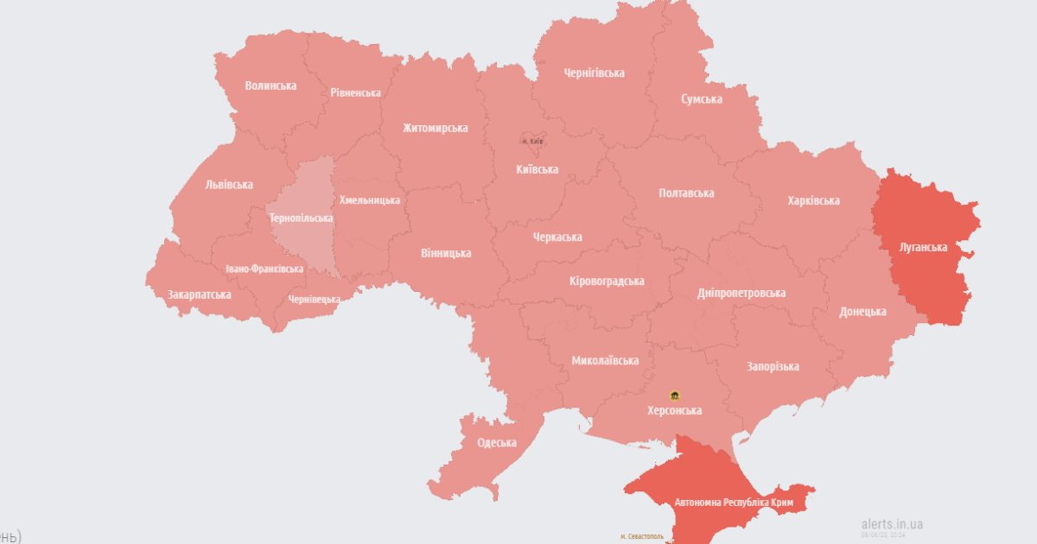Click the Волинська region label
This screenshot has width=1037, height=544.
[x=270, y=85]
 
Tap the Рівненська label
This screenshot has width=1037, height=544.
[x=355, y=92]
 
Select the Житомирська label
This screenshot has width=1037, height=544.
[x=435, y=128]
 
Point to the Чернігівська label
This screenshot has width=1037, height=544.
[x=594, y=73]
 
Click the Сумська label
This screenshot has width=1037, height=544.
[x=701, y=99]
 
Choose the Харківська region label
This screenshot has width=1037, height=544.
[x=813, y=200]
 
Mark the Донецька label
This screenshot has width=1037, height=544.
[x=862, y=312]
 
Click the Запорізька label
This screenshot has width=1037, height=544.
[x=773, y=366]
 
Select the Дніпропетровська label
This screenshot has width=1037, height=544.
[x=741, y=293]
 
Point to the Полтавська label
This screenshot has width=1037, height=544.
[x=686, y=193]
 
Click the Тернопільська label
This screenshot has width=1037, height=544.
[x=302, y=218]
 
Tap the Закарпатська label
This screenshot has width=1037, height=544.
[x=199, y=294]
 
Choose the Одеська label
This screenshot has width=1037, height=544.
[x=497, y=442]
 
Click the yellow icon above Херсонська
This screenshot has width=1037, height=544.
[x=675, y=395]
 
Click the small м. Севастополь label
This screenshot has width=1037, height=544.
[x=642, y=536]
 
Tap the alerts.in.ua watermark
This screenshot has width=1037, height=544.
[x=892, y=523]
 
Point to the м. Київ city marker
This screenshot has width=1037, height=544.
[x=531, y=140]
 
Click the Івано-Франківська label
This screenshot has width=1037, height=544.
[x=264, y=269]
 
